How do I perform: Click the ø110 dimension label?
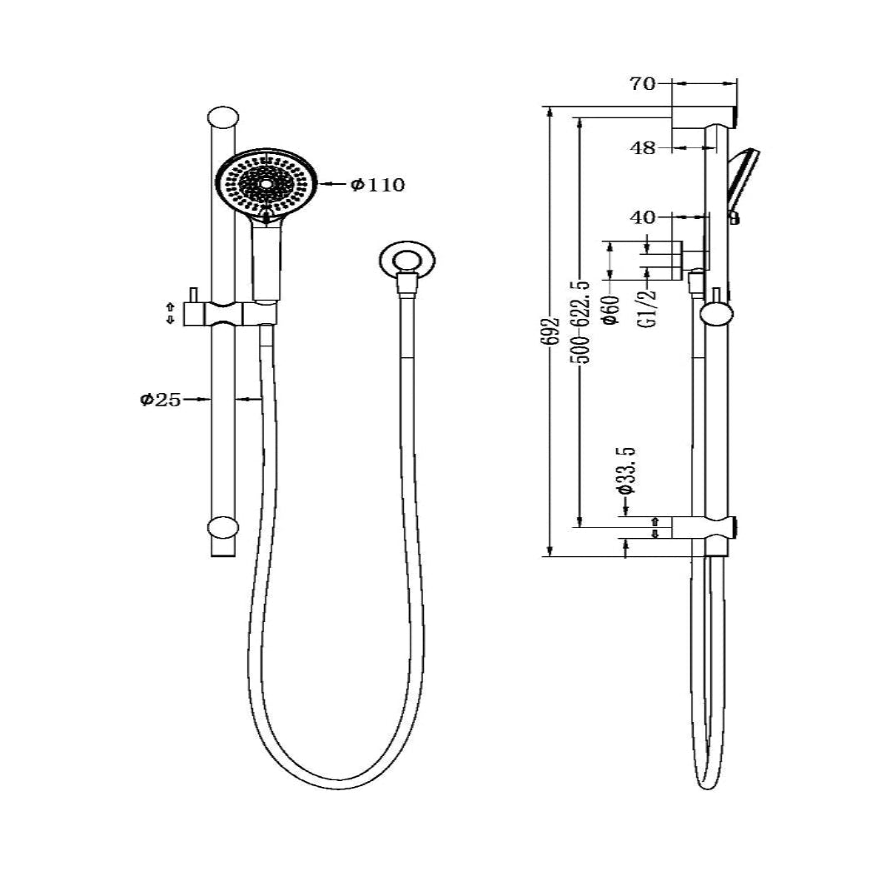[378, 185]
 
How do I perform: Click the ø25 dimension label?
[160, 400]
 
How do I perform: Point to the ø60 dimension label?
[610, 309]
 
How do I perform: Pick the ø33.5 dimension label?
[627, 470]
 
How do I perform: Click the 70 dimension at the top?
[644, 83]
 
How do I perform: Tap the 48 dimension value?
[644, 148]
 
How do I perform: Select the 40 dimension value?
[644, 217]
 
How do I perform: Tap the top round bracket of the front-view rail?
[221, 117]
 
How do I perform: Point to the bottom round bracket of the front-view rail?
[221, 527]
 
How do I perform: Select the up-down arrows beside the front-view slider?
[171, 313]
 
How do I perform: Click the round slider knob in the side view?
[714, 314]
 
